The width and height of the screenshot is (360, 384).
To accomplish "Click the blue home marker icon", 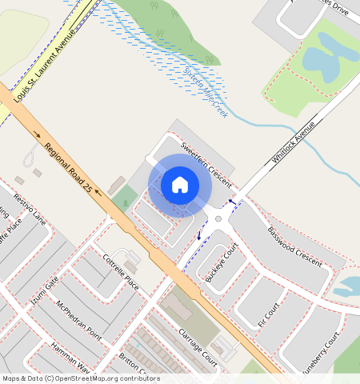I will (x=180, y=185).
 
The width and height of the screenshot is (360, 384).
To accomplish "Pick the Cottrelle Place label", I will (x=121, y=273).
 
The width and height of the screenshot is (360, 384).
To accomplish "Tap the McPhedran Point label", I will (x=78, y=317).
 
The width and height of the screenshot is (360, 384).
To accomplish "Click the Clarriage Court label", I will (x=198, y=346).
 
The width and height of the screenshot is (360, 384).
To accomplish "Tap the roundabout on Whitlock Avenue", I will (x=218, y=216).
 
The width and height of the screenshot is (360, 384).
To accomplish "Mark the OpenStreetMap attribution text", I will (x=81, y=378).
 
